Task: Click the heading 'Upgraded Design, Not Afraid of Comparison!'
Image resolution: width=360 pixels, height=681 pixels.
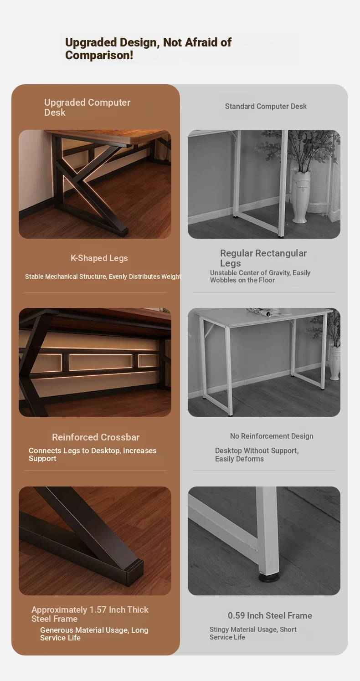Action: pos(148,49)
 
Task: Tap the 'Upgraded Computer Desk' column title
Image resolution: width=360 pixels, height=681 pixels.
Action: pos(87,108)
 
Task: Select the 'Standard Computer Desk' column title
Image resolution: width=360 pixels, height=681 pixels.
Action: pos(266,107)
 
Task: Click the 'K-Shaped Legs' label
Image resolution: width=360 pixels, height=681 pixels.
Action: pos(99,258)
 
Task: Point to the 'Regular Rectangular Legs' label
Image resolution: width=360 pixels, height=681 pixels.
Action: pos(263,258)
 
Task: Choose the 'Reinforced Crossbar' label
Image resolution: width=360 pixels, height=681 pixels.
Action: pos(96,437)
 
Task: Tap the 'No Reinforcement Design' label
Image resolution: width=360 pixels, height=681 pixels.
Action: pos(272,436)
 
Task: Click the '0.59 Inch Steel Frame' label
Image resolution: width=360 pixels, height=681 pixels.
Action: pos(270,616)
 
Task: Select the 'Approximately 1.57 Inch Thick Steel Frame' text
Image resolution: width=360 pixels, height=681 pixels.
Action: pos(90,614)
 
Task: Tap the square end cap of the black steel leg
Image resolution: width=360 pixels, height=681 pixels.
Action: pos(135,568)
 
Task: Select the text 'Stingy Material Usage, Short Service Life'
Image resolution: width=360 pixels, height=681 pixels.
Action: pos(252,633)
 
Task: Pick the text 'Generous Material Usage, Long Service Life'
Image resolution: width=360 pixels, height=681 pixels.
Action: pos(94,634)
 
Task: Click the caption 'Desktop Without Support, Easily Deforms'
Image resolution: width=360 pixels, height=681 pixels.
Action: pos(257,455)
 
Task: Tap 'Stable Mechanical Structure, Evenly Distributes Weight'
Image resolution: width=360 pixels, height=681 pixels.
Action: pos(103,276)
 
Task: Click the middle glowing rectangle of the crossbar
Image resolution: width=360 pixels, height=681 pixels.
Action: pos(101,362)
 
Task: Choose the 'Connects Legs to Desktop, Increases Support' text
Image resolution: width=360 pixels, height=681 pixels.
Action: pos(93,455)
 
